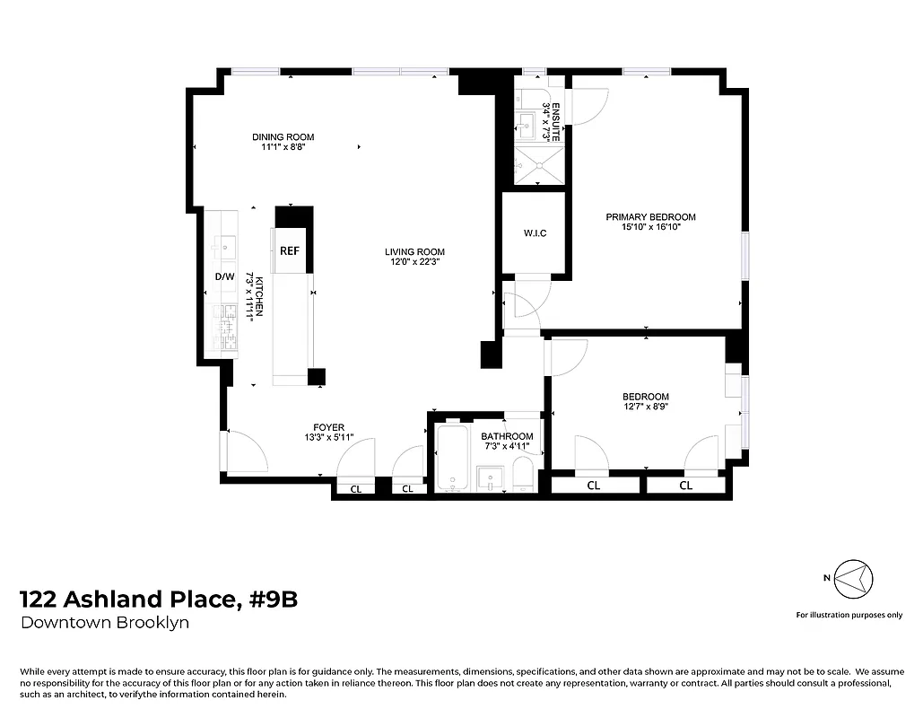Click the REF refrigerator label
coord(289,251)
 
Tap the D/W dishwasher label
coord(223,276)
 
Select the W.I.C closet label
coord(535,234)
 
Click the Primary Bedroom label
coord(650,217)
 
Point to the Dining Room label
coord(283,137)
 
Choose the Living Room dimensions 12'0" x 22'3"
coord(415,262)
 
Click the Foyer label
coord(328,427)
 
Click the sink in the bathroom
coord(490,478)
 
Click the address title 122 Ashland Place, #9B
coord(158,600)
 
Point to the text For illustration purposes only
coord(849,615)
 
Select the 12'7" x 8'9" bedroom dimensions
coord(646,407)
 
